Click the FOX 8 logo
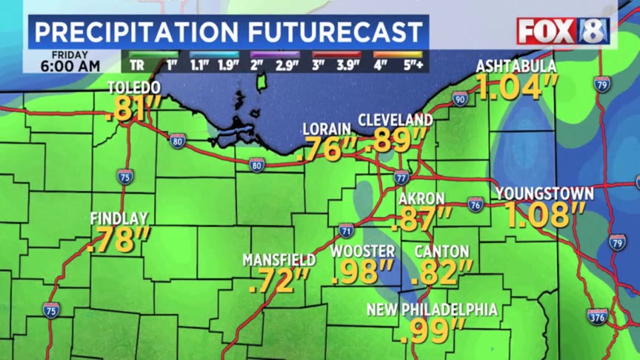(563, 31)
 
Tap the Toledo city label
(133, 87)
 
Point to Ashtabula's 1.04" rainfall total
(516, 88)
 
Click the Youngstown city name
(544, 194)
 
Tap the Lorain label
(327, 130)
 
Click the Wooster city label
(362, 252)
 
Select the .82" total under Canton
(442, 273)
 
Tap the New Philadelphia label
(431, 310)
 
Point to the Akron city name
(421, 199)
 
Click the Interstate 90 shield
(460, 99)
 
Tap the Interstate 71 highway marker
(346, 230)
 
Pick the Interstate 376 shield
(597, 317)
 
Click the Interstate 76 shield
(476, 204)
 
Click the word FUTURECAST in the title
(333, 32)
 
